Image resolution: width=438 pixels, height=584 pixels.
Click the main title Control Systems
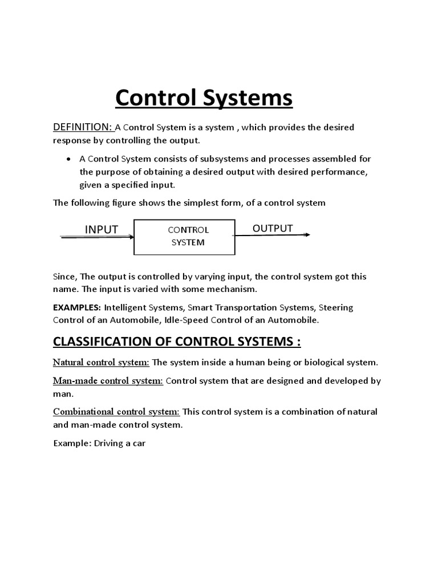coord(204,98)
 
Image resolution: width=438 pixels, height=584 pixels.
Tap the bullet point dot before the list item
coord(69,159)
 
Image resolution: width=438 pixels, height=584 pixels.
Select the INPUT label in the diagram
coord(102,229)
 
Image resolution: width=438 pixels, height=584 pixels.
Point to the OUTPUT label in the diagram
coord(273,228)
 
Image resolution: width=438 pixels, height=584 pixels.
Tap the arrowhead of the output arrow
coord(307,235)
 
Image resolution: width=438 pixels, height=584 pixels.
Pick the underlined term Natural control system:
coord(102,362)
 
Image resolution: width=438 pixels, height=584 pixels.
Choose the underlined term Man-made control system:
coord(108,380)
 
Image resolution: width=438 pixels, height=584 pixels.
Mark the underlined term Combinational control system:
coord(116,412)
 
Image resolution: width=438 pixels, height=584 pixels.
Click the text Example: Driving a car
coord(100,443)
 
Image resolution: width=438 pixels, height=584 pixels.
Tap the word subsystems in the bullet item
coord(205,159)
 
